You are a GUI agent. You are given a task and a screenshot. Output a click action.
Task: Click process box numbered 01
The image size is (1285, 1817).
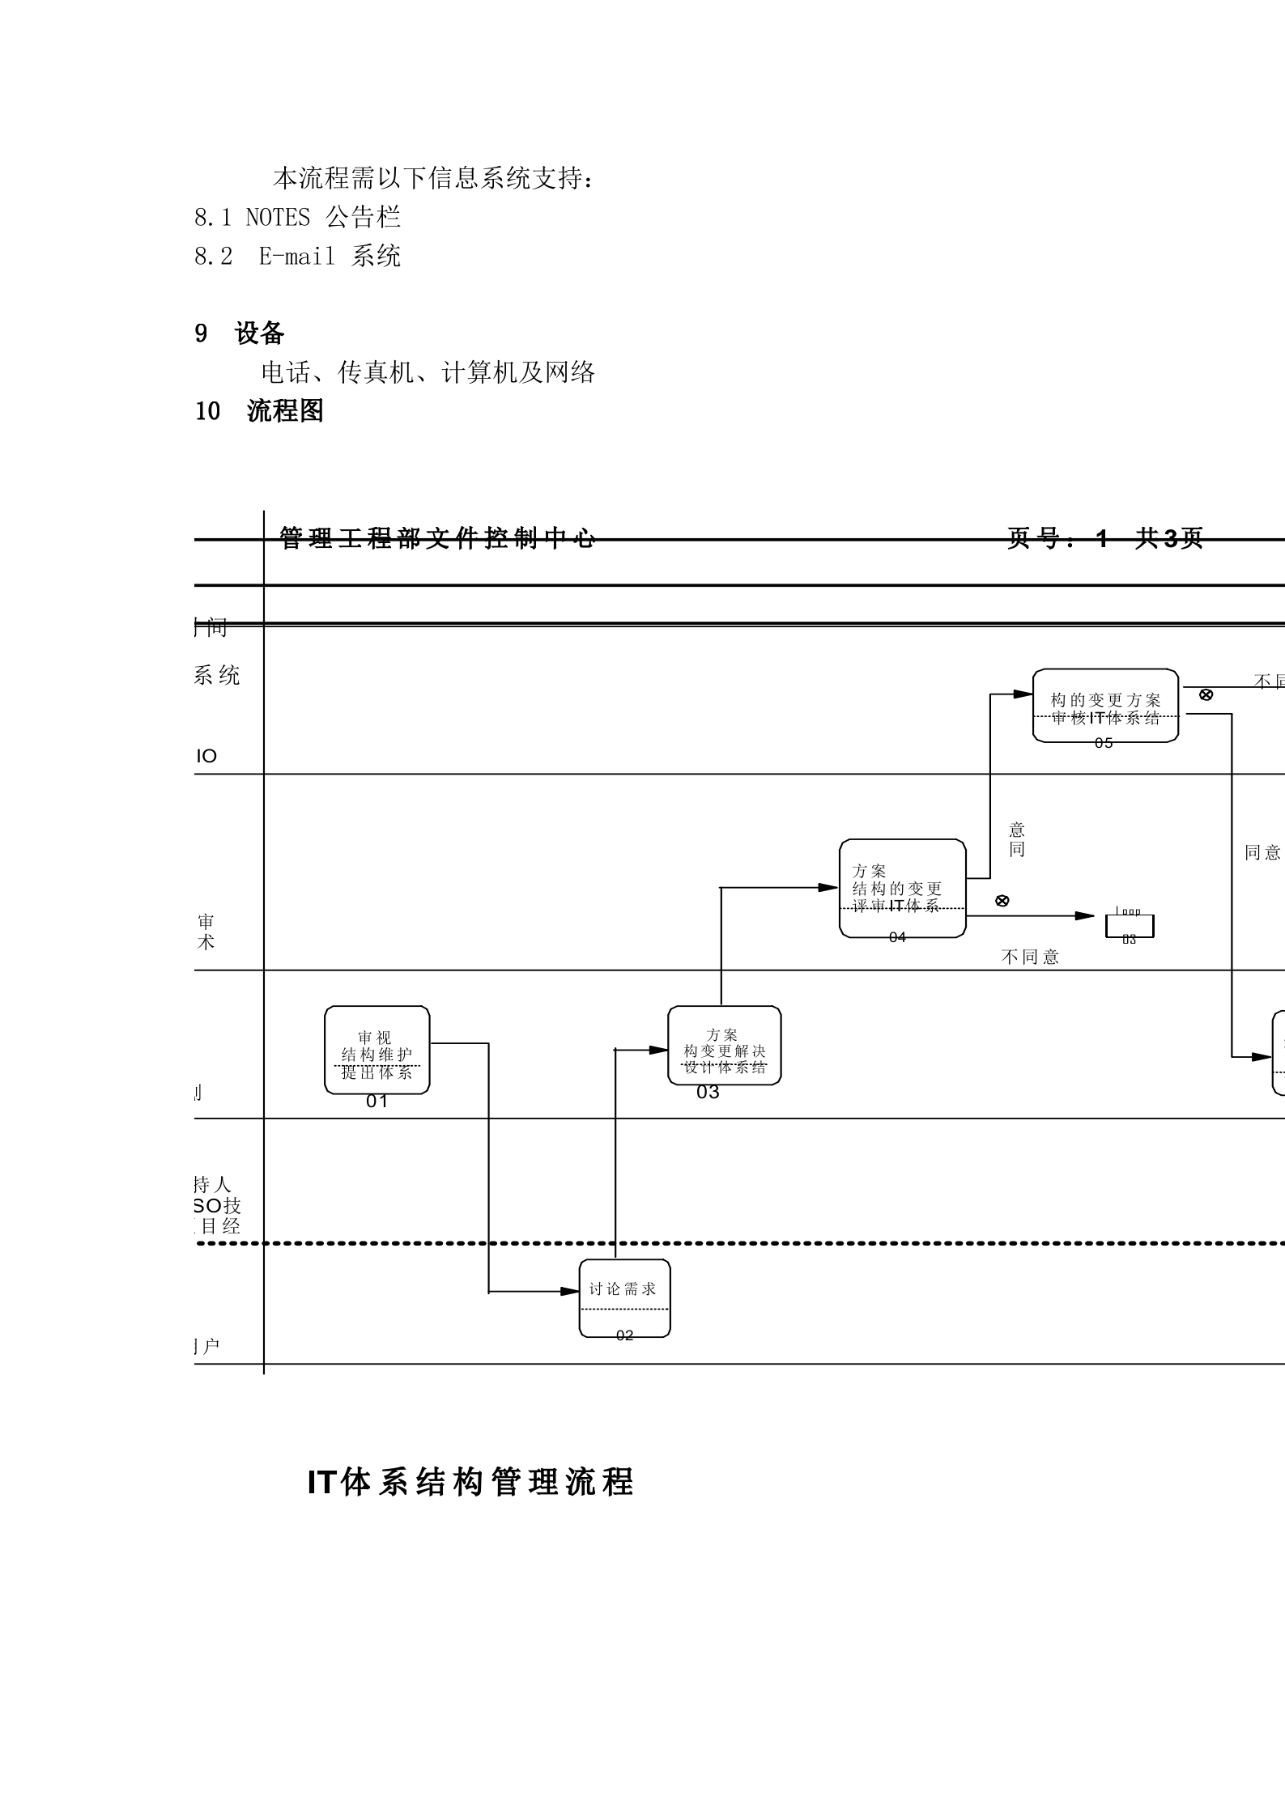[x=377, y=1050]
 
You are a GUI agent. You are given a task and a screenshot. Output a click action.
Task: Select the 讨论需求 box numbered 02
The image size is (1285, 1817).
[x=624, y=1298]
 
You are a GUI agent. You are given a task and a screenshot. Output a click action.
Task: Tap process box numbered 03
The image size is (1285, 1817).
[x=724, y=1045]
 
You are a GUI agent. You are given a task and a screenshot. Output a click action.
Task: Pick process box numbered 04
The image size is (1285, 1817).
[x=902, y=888]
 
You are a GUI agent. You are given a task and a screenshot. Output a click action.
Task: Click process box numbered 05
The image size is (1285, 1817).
[x=1105, y=705]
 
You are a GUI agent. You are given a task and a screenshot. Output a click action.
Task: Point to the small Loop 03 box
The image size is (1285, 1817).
[x=1130, y=926]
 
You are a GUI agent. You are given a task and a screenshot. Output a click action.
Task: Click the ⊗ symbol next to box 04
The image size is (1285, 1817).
[x=1002, y=901]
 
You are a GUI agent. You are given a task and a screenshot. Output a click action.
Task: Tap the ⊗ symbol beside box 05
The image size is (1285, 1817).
[x=1206, y=694]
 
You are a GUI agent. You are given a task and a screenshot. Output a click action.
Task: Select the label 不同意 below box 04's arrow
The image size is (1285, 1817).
[x=1030, y=957]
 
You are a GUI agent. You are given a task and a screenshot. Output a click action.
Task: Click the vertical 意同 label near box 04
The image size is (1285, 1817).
[x=1017, y=839]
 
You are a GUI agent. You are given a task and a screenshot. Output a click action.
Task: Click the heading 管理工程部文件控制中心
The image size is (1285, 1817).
[x=437, y=538]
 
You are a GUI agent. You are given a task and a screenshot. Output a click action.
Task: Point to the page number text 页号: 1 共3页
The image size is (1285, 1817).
[x=1104, y=538]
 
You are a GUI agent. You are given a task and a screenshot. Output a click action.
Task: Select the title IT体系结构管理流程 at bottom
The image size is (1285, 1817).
[x=470, y=1482]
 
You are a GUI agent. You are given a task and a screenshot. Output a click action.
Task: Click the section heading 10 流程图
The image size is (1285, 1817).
[x=259, y=411]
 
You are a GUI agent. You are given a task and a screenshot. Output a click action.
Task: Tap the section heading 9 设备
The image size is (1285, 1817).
[x=240, y=333]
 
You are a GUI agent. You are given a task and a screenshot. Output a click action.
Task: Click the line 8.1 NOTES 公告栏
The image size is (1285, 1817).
[x=297, y=217]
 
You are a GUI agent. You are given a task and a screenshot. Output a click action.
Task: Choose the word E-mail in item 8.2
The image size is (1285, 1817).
[x=296, y=257]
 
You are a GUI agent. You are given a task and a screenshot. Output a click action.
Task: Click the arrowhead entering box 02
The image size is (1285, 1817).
[x=572, y=1292]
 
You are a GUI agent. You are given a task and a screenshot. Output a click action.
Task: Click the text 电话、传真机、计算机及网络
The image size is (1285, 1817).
[x=428, y=372]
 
